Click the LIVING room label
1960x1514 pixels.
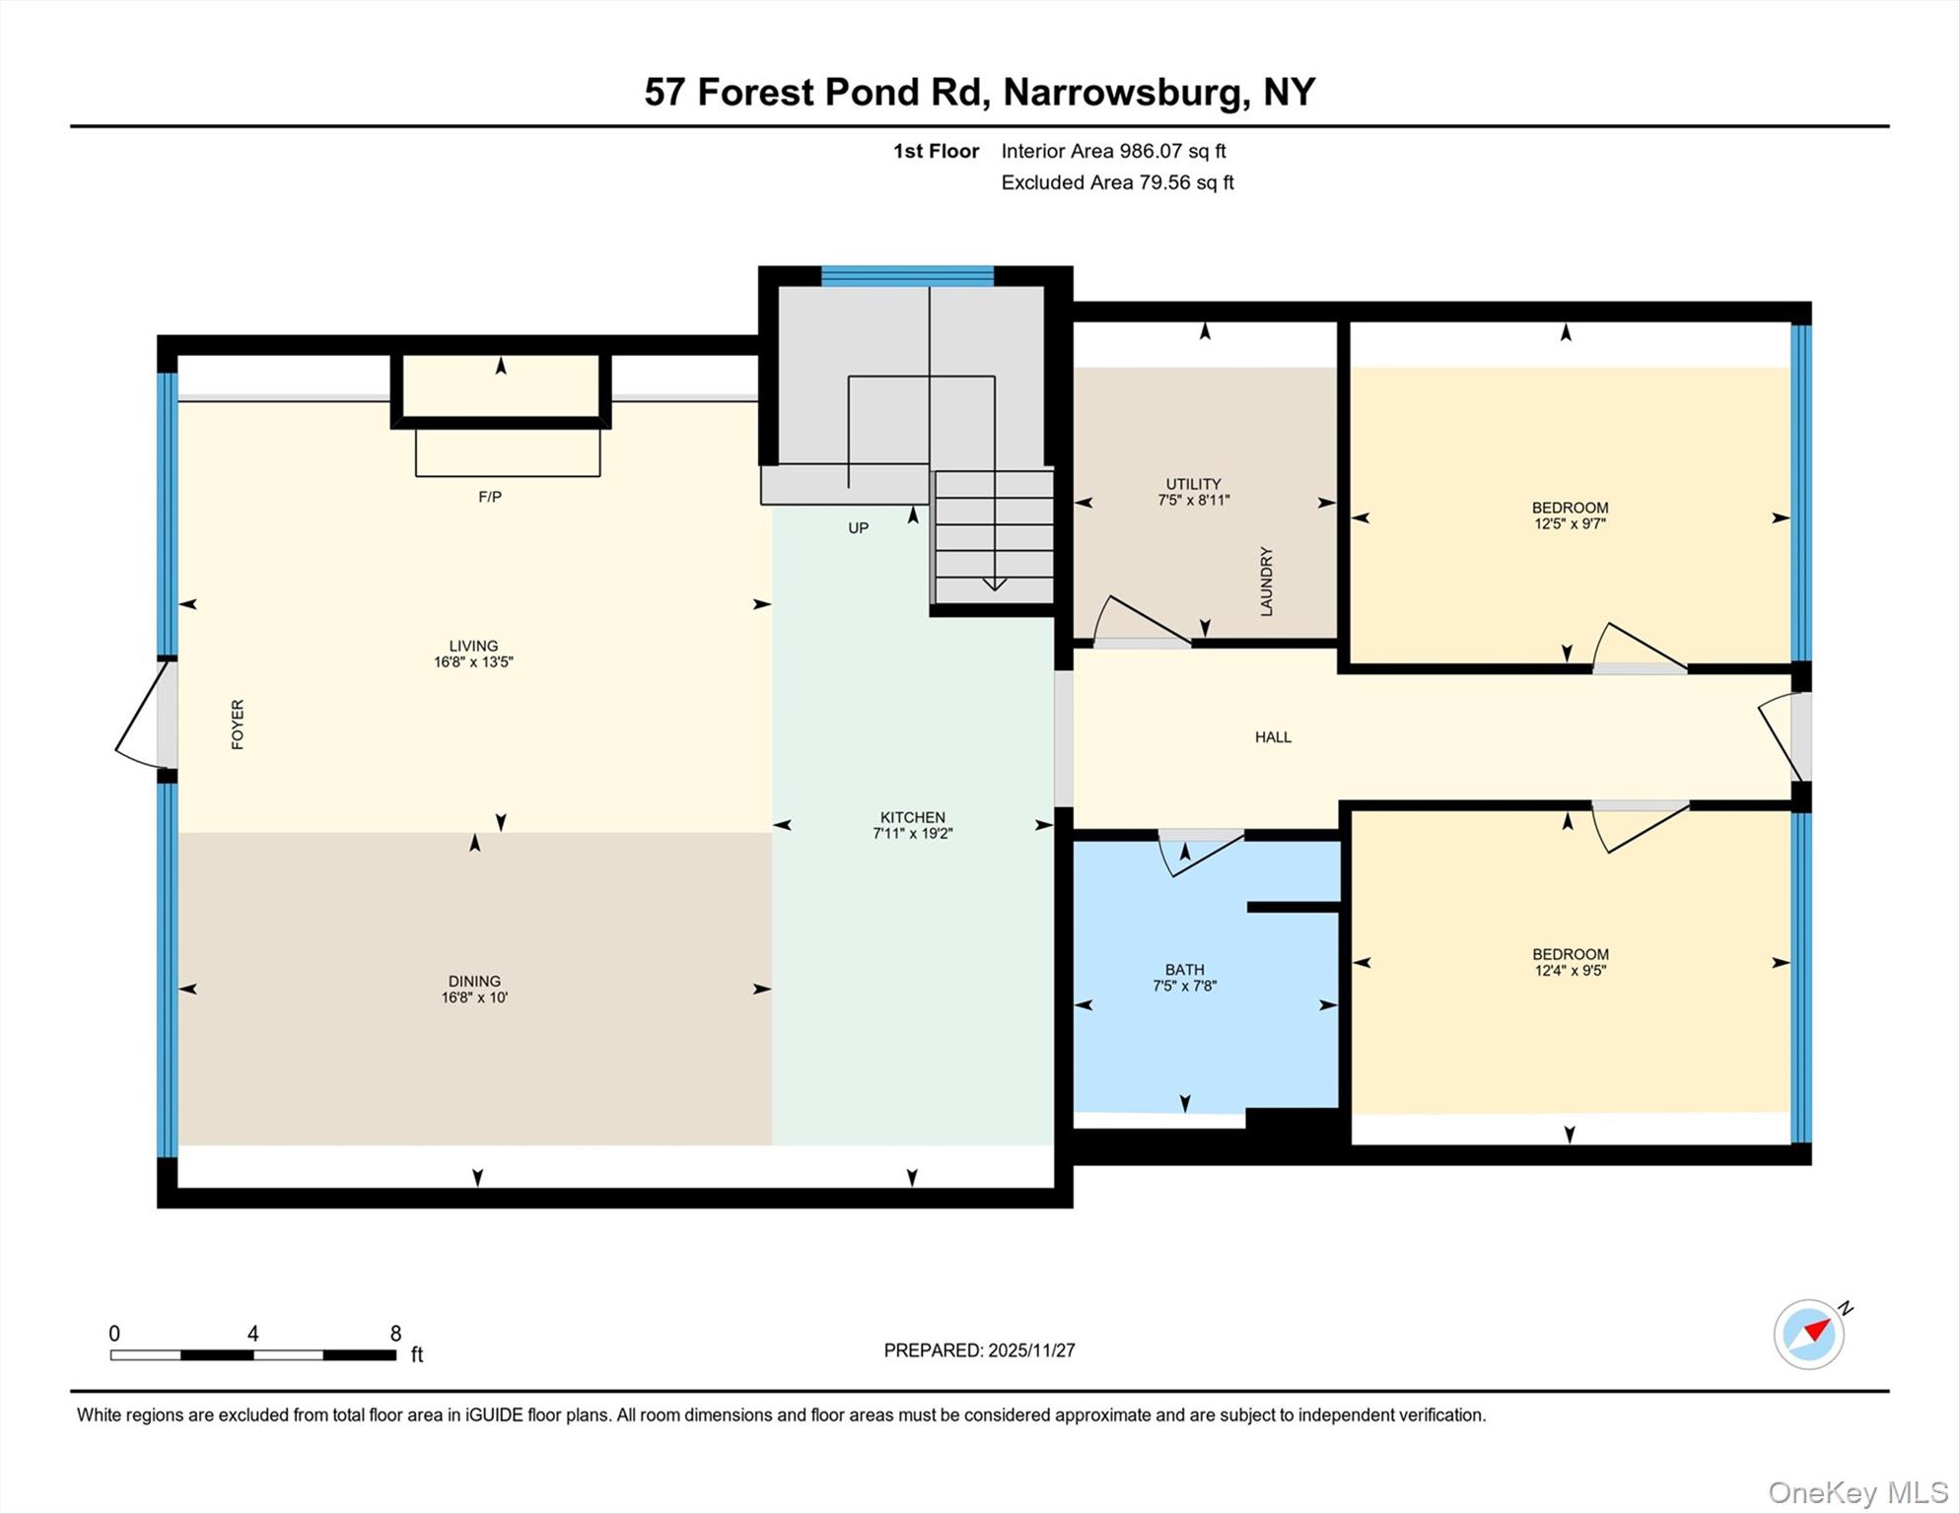(473, 647)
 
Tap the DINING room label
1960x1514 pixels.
(474, 982)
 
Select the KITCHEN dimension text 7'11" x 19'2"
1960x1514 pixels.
(912, 834)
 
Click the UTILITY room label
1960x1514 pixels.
(1193, 484)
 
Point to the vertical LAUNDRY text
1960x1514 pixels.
(1267, 582)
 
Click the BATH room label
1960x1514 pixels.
(1184, 970)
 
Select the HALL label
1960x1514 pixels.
(1273, 737)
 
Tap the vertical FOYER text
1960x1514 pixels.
(238, 724)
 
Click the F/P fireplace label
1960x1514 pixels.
(490, 497)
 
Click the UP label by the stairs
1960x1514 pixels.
(859, 528)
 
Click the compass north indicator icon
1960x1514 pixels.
(1810, 1334)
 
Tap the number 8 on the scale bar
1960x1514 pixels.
(395, 1334)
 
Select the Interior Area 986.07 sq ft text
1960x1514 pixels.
(1113, 151)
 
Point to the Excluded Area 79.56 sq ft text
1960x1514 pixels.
(1117, 182)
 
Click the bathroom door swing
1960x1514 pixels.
(1195, 854)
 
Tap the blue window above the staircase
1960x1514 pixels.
(907, 276)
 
